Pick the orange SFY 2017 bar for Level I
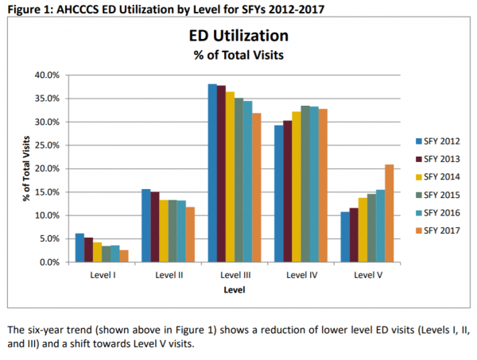pyautogui.click(x=124, y=256)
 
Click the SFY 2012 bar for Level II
pyautogui.click(x=145, y=226)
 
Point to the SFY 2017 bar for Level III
pyautogui.click(x=256, y=188)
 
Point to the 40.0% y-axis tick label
pyautogui.click(x=48, y=75)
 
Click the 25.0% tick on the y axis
pyautogui.click(x=48, y=145)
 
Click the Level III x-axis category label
pyautogui.click(x=234, y=275)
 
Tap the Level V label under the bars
pyautogui.click(x=366, y=275)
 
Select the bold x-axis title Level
pyautogui.click(x=234, y=290)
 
